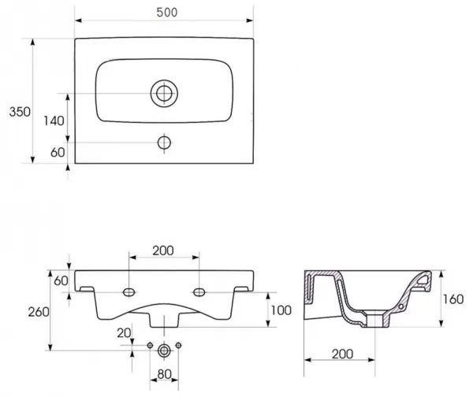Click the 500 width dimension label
tap(167, 13)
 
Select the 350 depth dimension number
tap(20, 112)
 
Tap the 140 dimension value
tap(54, 121)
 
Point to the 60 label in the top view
tap(58, 152)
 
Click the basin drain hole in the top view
tap(164, 94)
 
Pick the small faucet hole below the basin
tap(164, 143)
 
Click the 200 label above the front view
tap(163, 250)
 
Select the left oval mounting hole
tap(128, 292)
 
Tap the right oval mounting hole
tap(199, 292)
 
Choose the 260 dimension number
tap(39, 312)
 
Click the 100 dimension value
tap(281, 310)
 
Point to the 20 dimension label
tap(124, 332)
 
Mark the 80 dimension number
tap(165, 374)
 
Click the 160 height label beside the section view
tap(453, 299)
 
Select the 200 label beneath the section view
tap(342, 354)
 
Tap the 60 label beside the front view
tap(61, 281)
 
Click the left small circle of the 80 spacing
tap(150, 346)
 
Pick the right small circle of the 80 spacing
tap(178, 345)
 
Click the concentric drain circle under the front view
tap(164, 351)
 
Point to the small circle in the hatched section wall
tap(401, 306)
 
